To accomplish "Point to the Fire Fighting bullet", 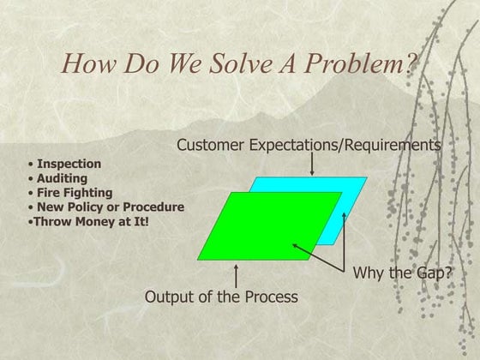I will (x=73, y=193).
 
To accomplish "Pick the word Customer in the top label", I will (x=209, y=146).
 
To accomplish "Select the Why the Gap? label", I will (x=402, y=273).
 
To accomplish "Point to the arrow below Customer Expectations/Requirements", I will (x=312, y=164).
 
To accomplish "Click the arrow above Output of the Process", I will (x=236, y=276).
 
